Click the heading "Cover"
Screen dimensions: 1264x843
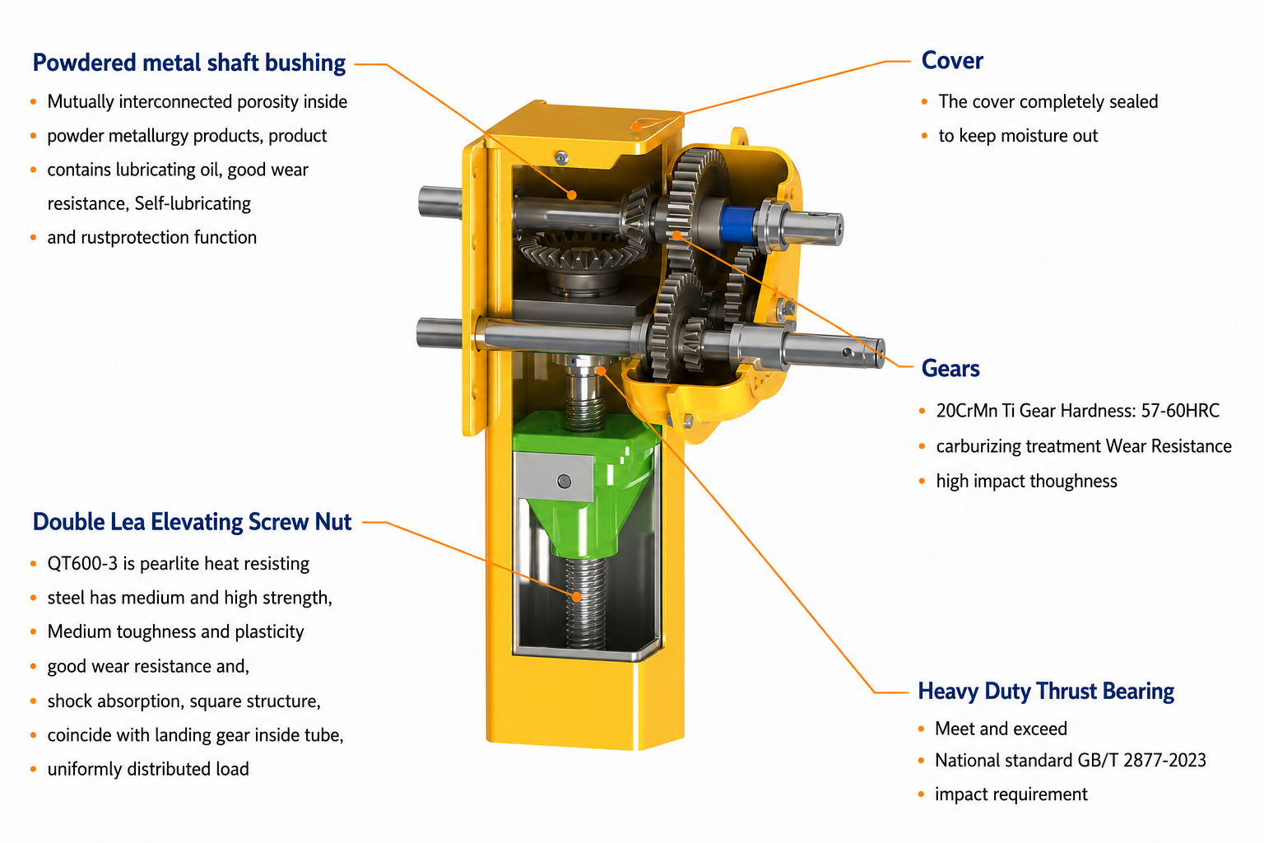[952, 61]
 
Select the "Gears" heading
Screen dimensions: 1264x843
[950, 368]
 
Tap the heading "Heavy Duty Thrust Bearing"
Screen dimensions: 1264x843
[1046, 692]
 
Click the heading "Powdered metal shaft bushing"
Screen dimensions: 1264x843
[189, 63]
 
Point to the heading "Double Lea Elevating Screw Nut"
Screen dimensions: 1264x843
[192, 522]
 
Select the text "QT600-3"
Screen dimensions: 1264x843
[82, 563]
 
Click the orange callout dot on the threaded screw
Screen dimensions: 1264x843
[576, 596]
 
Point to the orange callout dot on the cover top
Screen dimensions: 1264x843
[636, 127]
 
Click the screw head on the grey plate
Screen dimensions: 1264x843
[564, 481]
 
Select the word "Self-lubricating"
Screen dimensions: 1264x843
[193, 203]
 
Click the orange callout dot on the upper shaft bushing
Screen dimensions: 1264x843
[572, 195]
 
